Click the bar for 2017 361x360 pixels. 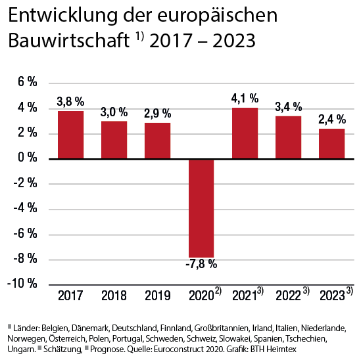pyautogui.click(x=70, y=135)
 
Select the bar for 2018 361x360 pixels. pyautogui.click(x=114, y=140)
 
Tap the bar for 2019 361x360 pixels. pyautogui.click(x=158, y=141)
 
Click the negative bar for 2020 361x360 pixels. pyautogui.click(x=201, y=208)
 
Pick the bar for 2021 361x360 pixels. pyautogui.click(x=245, y=133)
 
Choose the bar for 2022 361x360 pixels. pyautogui.click(x=288, y=137)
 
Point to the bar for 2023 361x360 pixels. pyautogui.click(x=331, y=144)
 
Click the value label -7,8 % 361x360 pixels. pyautogui.click(x=201, y=265)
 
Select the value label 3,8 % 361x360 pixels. pyautogui.click(x=70, y=102)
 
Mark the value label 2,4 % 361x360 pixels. pyautogui.click(x=332, y=120)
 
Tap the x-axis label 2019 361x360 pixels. pyautogui.click(x=158, y=296)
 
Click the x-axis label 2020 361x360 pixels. pyautogui.click(x=199, y=296)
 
